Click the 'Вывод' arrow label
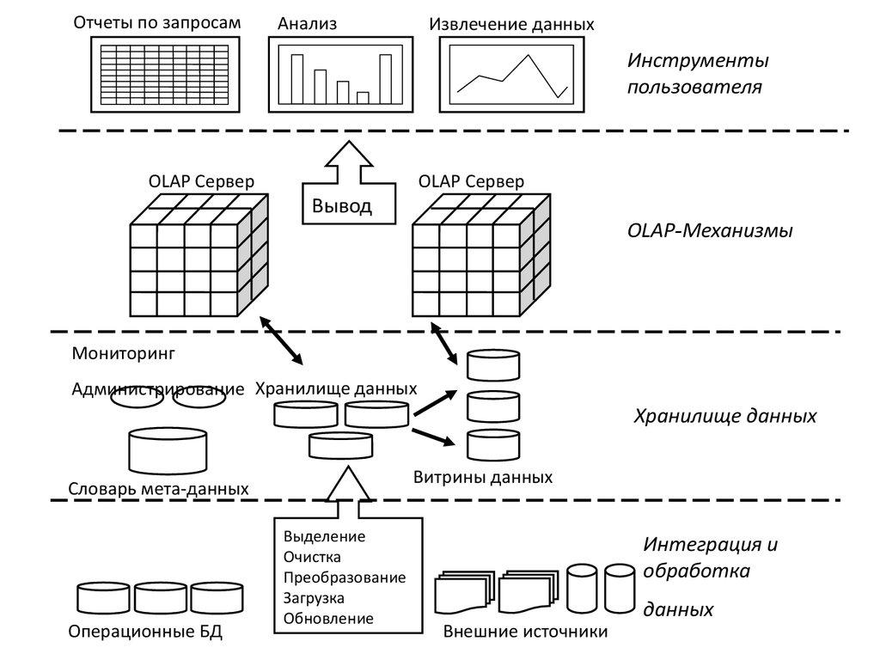(341, 206)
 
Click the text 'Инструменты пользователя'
(697, 74)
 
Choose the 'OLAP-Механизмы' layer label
(709, 231)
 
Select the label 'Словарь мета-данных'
(158, 489)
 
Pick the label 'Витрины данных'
(482, 477)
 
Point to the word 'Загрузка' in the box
(314, 598)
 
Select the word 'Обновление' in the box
(327, 619)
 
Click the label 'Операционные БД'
(145, 633)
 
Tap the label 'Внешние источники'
(525, 633)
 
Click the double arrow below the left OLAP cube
(281, 340)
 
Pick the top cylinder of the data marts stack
(492, 364)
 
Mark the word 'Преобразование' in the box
(344, 577)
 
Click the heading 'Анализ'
(307, 24)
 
